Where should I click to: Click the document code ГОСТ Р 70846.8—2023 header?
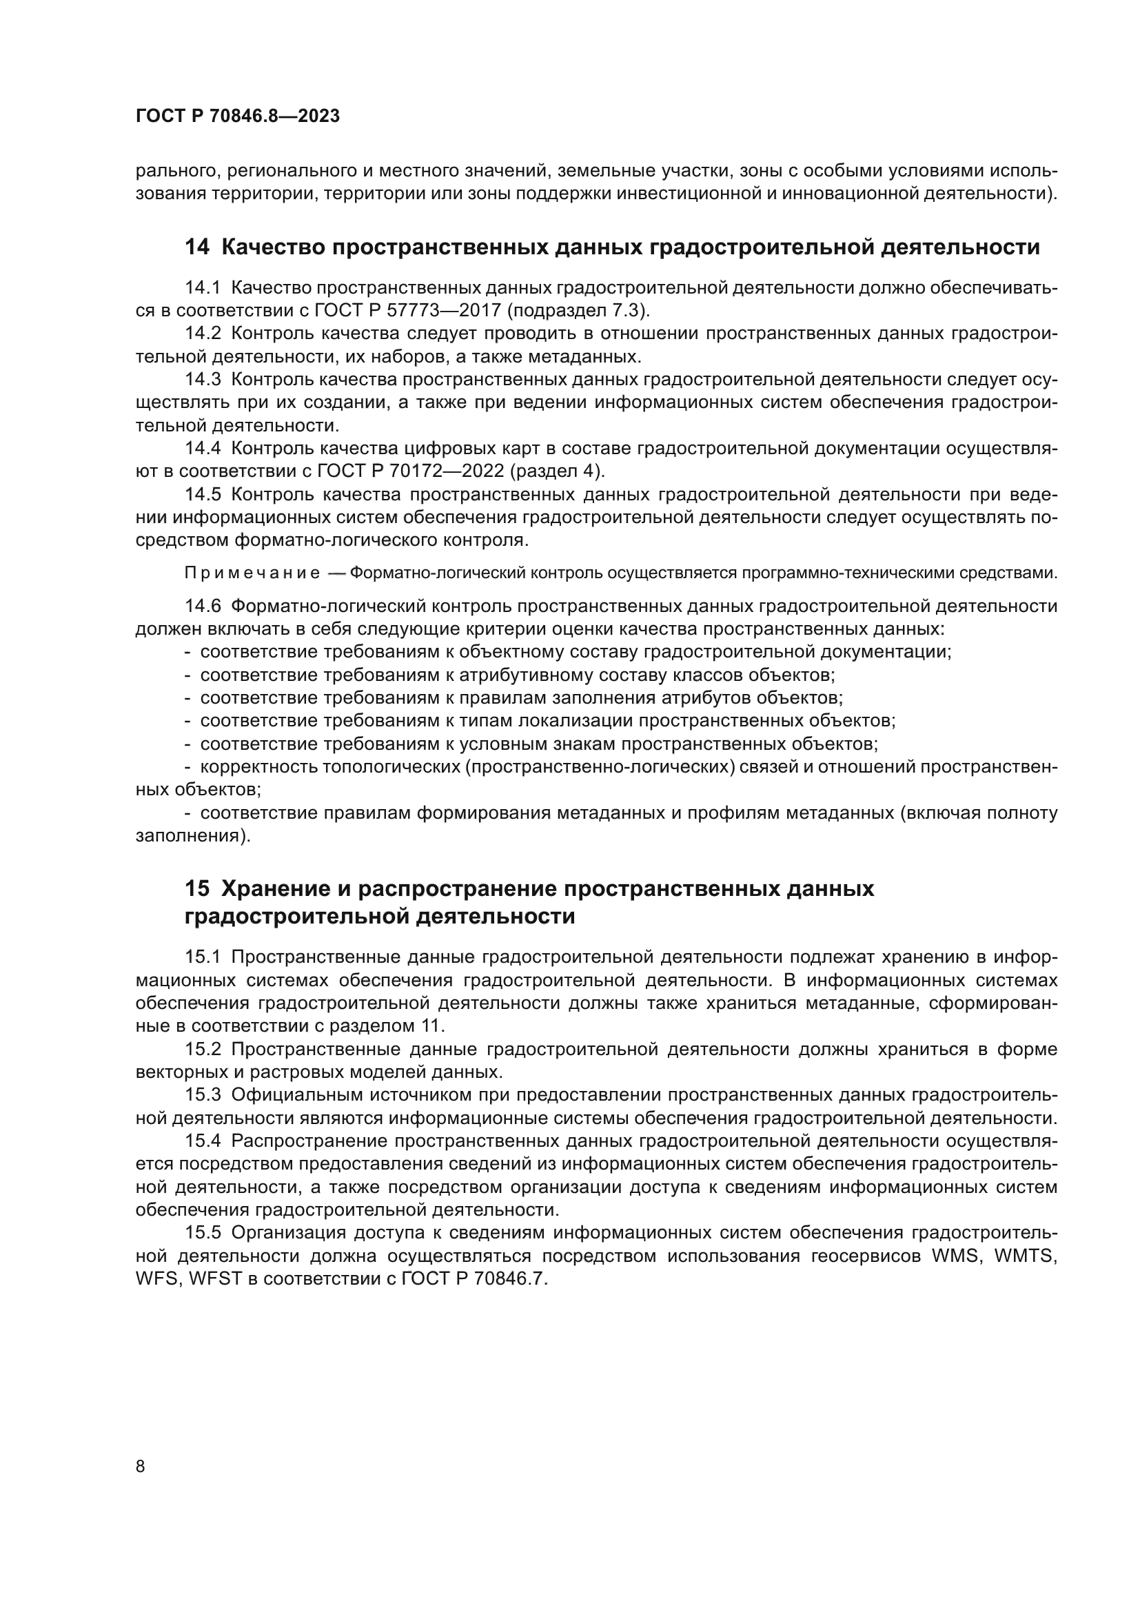coord(237,116)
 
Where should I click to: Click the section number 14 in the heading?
coord(196,247)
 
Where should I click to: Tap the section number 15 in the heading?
coord(196,889)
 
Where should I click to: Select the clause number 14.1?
coord(203,288)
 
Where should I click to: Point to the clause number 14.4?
coord(203,449)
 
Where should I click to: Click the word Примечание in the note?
coord(252,573)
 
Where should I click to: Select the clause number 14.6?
coord(203,606)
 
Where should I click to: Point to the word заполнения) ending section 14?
coord(193,836)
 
